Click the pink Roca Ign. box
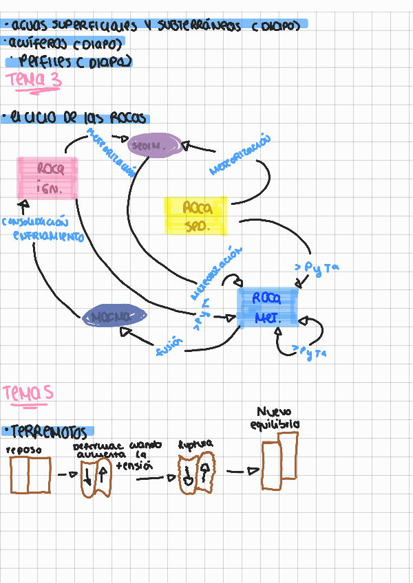pyautogui.click(x=47, y=179)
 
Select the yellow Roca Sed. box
pyautogui.click(x=196, y=215)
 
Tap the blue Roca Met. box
pyautogui.click(x=268, y=307)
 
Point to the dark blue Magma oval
pyautogui.click(x=114, y=317)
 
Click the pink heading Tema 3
pyautogui.click(x=33, y=80)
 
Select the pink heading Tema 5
pyautogui.click(x=28, y=393)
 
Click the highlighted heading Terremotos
pyautogui.click(x=47, y=432)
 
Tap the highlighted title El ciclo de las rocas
pyautogui.click(x=75, y=118)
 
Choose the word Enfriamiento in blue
pyautogui.click(x=48, y=236)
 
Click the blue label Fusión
pyautogui.click(x=170, y=346)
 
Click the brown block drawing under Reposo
pyautogui.click(x=30, y=475)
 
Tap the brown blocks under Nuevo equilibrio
pyautogui.click(x=280, y=461)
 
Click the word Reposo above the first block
pyautogui.click(x=24, y=450)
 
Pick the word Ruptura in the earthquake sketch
pyautogui.click(x=195, y=444)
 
